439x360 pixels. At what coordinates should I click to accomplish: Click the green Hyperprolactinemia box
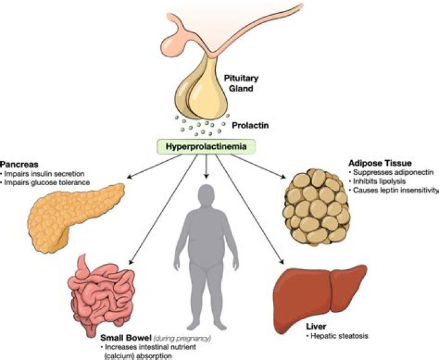[x=207, y=147]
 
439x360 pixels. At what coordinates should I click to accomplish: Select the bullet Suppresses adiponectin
[x=383, y=172]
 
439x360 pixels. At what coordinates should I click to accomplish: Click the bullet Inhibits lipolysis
[x=373, y=182]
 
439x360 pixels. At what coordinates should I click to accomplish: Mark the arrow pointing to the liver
[x=257, y=214]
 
